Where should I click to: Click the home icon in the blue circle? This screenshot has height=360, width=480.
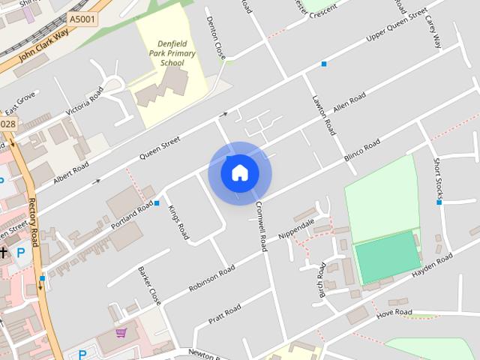click(x=239, y=172)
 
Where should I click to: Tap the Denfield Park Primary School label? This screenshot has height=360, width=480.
click(x=172, y=54)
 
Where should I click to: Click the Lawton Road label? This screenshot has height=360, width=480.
click(x=323, y=113)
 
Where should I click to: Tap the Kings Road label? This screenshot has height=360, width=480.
click(x=178, y=222)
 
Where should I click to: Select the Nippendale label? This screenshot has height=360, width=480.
click(x=296, y=227)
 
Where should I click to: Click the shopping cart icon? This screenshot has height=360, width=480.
click(x=121, y=332)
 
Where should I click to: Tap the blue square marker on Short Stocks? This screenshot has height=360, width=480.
click(x=439, y=202)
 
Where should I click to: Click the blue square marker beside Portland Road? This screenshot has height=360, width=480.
click(x=157, y=202)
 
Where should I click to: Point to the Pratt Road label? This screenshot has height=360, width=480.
click(x=225, y=314)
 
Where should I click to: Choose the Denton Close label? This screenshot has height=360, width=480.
click(x=216, y=38)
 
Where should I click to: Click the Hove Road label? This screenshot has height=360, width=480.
click(x=394, y=311)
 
